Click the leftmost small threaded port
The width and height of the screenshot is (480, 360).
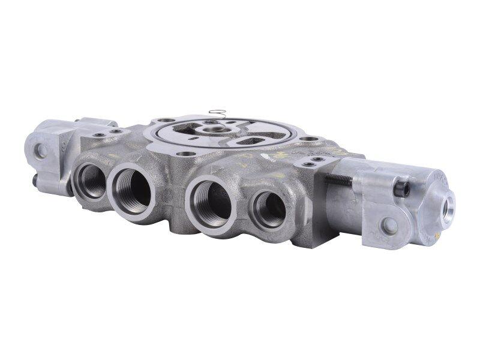coord(91,179)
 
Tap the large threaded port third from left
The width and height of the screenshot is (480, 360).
coord(211,202)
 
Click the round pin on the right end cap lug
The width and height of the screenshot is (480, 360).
coord(388,226)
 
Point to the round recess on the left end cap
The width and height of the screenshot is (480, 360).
coord(40,151)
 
